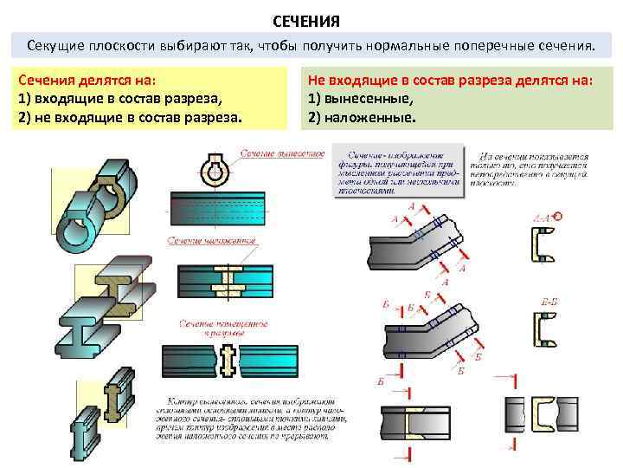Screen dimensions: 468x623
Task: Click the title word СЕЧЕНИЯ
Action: point(311,19)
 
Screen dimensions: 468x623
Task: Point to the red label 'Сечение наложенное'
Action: point(220,241)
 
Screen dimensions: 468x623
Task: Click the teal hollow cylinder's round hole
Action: point(75,232)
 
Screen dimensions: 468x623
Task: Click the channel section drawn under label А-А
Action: point(542,248)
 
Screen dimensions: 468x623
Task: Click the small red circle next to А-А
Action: point(558,216)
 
